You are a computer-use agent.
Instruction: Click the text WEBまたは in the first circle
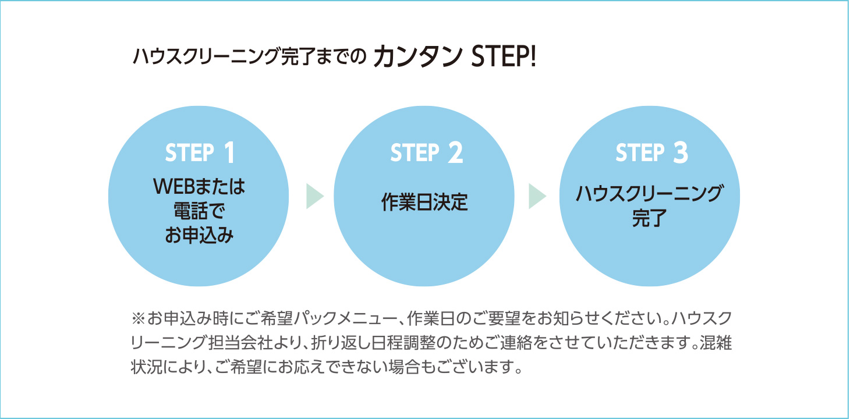(x=199, y=187)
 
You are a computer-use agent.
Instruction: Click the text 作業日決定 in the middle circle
(x=424, y=203)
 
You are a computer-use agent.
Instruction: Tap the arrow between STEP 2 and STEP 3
(x=537, y=197)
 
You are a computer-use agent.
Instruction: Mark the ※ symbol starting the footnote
(x=138, y=319)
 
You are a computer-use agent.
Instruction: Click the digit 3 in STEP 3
(x=681, y=153)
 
